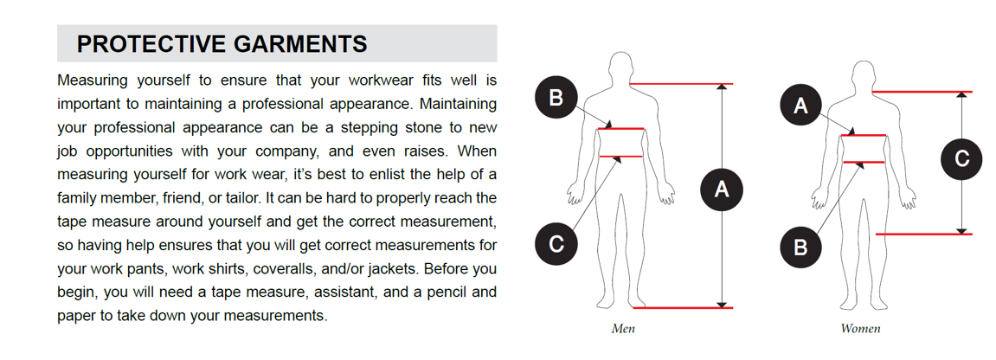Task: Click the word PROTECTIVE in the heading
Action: [x=151, y=44]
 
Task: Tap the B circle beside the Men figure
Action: [x=556, y=99]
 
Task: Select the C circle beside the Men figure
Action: [x=556, y=244]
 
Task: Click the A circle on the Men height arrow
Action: [x=721, y=189]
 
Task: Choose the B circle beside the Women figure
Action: [x=801, y=245]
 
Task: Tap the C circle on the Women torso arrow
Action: [x=961, y=158]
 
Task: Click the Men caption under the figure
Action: [x=622, y=329]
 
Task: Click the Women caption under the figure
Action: [x=860, y=329]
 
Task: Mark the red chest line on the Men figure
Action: [x=621, y=129]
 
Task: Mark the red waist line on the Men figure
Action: [x=621, y=156]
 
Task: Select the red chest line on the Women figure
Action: [x=864, y=135]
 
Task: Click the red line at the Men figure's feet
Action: [x=684, y=308]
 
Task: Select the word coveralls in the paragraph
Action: [x=283, y=268]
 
